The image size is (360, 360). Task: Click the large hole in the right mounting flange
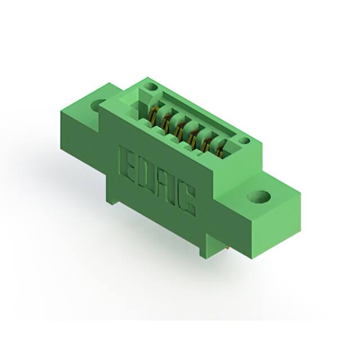[259, 197]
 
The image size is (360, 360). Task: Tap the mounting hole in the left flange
[97, 103]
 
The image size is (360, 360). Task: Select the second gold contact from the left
[165, 120]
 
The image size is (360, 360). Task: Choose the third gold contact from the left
[179, 129]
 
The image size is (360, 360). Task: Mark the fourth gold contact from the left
[192, 136]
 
